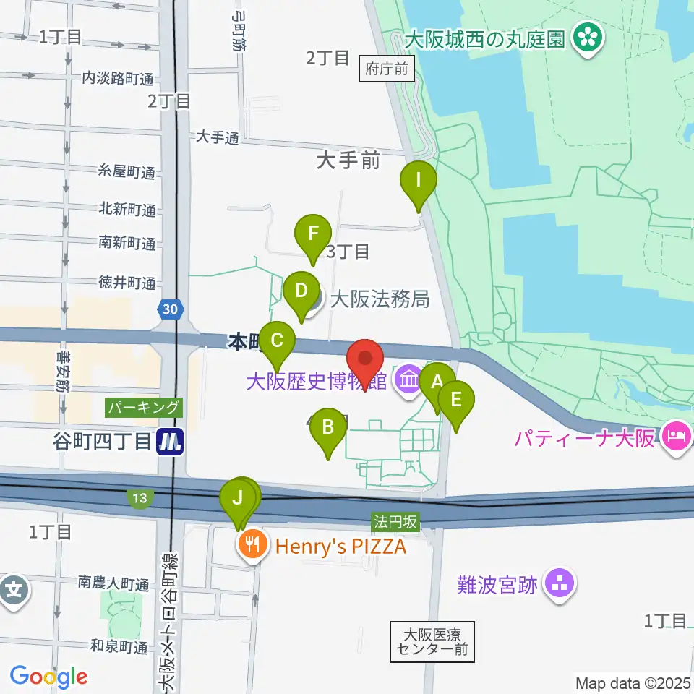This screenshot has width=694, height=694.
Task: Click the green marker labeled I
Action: (418, 180)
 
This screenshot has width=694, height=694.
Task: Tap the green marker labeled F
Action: (313, 235)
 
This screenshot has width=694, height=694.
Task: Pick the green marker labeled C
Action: (276, 340)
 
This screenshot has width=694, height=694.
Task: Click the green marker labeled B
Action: (328, 429)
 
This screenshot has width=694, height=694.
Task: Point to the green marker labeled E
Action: (456, 400)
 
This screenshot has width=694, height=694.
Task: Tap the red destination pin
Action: (366, 359)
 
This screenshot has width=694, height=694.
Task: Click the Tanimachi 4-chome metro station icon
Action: (171, 441)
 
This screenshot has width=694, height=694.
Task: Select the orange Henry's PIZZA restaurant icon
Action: (252, 547)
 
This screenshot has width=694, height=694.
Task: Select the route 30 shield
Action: (170, 310)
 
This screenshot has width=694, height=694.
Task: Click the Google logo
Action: (48, 676)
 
